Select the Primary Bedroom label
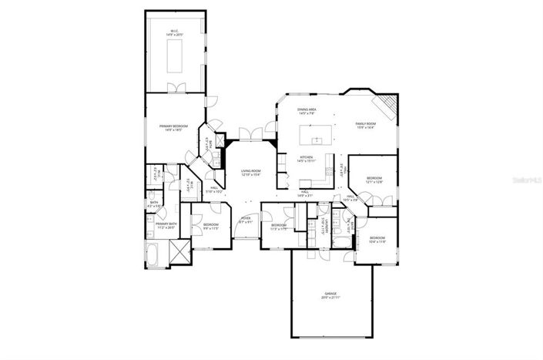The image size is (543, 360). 173,127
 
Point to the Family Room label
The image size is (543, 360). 365,126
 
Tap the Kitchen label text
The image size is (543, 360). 307,159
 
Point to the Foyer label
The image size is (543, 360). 246,220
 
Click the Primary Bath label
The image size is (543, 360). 166,225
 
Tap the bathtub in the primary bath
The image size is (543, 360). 154,254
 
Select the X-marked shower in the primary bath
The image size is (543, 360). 179,251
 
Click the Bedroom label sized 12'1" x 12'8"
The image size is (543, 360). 374,180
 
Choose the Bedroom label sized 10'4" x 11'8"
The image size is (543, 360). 377,239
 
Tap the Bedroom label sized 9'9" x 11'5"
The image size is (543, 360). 211,227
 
